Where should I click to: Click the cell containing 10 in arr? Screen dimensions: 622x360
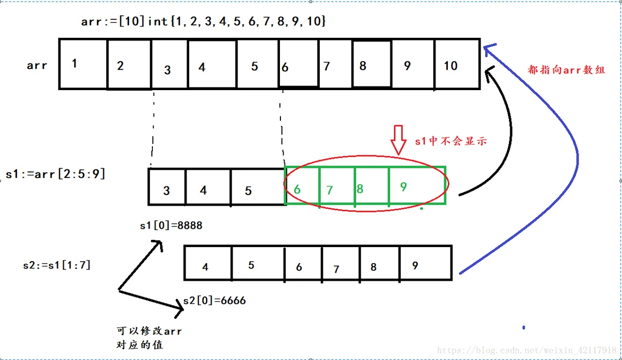click(457, 64)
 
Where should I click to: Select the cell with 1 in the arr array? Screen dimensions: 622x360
click(83, 64)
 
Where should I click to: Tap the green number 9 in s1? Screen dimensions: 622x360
click(403, 187)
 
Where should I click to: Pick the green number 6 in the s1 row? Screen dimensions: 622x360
click(297, 190)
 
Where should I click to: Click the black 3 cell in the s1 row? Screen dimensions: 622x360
click(167, 187)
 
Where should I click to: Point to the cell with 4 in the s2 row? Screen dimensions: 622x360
click(208, 263)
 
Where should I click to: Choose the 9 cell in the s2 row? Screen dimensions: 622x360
click(426, 263)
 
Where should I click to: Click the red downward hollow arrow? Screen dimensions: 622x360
click(399, 140)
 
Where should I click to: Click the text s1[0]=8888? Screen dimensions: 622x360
click(171, 225)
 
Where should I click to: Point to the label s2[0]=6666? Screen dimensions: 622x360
click(215, 300)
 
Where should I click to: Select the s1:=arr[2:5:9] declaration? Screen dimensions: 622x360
click(55, 175)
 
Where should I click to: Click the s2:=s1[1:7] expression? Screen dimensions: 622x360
click(57, 265)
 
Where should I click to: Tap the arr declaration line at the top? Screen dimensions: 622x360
click(203, 21)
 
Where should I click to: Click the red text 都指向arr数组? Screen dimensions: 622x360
click(566, 70)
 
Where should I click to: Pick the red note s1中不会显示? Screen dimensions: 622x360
click(451, 141)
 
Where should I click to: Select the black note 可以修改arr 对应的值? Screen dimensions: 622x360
click(149, 338)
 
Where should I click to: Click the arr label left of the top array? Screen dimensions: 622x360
click(37, 66)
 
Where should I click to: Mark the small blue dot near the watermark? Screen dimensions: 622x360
click(524, 327)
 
